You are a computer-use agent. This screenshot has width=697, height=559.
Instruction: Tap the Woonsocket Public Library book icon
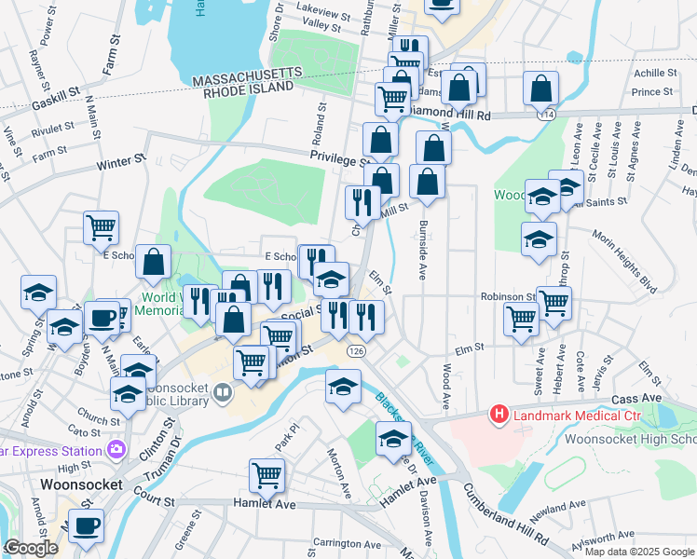pyautogui.click(x=222, y=392)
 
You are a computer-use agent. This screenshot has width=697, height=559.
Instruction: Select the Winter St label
pyautogui.click(x=122, y=163)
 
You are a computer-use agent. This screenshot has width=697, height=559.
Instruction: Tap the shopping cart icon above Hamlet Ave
pyautogui.click(x=266, y=475)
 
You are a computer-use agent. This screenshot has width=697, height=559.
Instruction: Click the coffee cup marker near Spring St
pyautogui.click(x=102, y=318)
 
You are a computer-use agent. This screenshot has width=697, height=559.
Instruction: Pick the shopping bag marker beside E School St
pyautogui.click(x=154, y=263)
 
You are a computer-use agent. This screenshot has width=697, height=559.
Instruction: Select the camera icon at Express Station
pyautogui.click(x=116, y=449)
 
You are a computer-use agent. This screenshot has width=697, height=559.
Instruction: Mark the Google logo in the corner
pyautogui.click(x=32, y=548)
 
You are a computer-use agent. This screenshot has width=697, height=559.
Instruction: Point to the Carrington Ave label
pyautogui.click(x=348, y=544)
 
